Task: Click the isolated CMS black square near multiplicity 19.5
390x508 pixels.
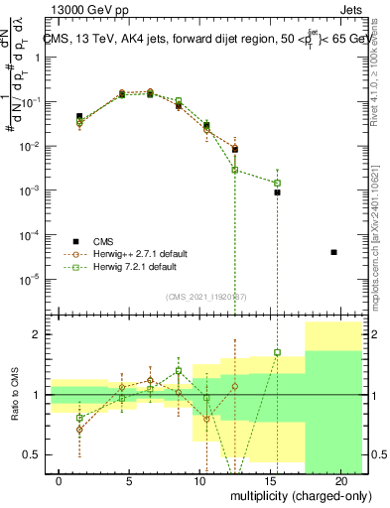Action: click(x=333, y=252)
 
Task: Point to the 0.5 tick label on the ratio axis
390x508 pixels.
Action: click(x=33, y=454)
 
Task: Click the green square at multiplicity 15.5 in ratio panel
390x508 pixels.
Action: click(x=278, y=352)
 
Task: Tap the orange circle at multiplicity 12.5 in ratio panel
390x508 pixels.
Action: click(x=235, y=386)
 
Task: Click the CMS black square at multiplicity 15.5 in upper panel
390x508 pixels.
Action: click(x=278, y=192)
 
